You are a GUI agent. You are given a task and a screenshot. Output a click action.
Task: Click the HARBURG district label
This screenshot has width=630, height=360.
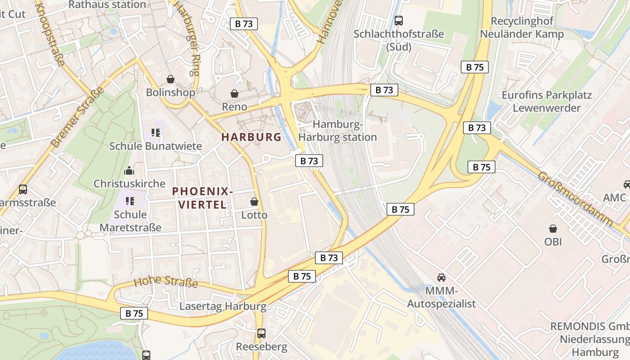coord(251,137)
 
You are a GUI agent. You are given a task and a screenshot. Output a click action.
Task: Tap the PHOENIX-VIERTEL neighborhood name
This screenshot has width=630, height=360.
coord(202,198)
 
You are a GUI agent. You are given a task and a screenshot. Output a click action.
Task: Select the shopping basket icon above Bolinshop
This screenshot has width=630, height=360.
coord(171,80)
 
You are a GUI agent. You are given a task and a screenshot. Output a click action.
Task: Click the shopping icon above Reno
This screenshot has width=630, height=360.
coord(234,94)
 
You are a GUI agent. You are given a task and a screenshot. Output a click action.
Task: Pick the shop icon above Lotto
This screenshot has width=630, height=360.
coord(254,202)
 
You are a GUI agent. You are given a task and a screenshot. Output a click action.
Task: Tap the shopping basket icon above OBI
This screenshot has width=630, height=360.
coord(553,229)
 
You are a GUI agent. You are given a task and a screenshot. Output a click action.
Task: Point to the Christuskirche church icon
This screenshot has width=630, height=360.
coord(129,171)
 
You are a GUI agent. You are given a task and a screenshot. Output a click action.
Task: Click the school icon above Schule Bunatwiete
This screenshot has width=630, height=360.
coord(156,133)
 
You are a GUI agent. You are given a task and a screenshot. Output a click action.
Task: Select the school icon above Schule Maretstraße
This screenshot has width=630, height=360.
coord(130,201)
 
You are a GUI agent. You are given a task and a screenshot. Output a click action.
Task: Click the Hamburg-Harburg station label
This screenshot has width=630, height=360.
coord(337,131)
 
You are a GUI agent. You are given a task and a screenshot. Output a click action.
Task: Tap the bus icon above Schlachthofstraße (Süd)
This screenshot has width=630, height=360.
coord(398,20)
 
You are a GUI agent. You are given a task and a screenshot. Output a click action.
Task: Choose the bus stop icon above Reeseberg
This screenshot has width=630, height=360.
coord(261,333)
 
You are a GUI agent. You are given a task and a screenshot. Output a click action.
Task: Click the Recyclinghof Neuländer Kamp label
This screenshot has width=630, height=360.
coord(522,27)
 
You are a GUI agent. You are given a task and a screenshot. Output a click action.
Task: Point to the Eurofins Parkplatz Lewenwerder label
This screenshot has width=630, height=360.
coord(546,101)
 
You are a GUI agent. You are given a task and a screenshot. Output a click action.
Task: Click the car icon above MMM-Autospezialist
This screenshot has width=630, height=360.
coord(441,277)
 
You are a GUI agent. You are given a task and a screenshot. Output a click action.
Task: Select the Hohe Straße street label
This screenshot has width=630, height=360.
coord(166,283)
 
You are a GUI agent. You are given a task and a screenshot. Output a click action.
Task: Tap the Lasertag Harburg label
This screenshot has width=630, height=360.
coord(223,306)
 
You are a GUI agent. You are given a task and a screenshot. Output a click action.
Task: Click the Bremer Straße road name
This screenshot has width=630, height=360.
coord(77,117)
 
